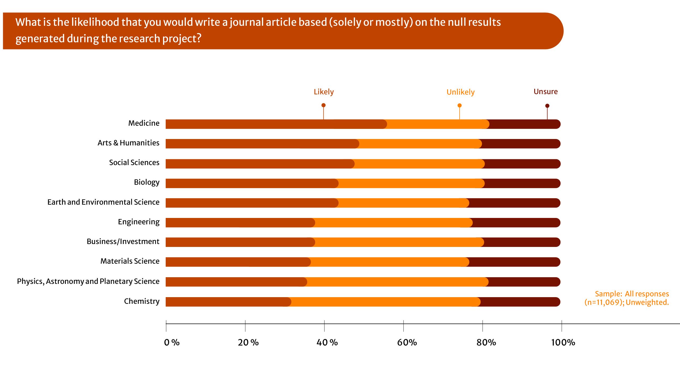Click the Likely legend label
tap(323, 92)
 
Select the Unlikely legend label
tap(460, 92)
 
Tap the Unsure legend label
tap(545, 91)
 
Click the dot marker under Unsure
tap(547, 106)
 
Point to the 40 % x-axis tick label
tap(327, 342)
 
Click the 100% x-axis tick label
tap(563, 342)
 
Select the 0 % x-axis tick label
tap(172, 342)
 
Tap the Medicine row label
tap(144, 123)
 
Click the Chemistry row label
tap(142, 301)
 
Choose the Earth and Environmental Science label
tap(103, 202)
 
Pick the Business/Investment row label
tap(123, 241)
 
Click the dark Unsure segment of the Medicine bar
tap(524, 124)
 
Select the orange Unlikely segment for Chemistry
tap(385, 302)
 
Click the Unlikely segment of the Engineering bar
tap(393, 223)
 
